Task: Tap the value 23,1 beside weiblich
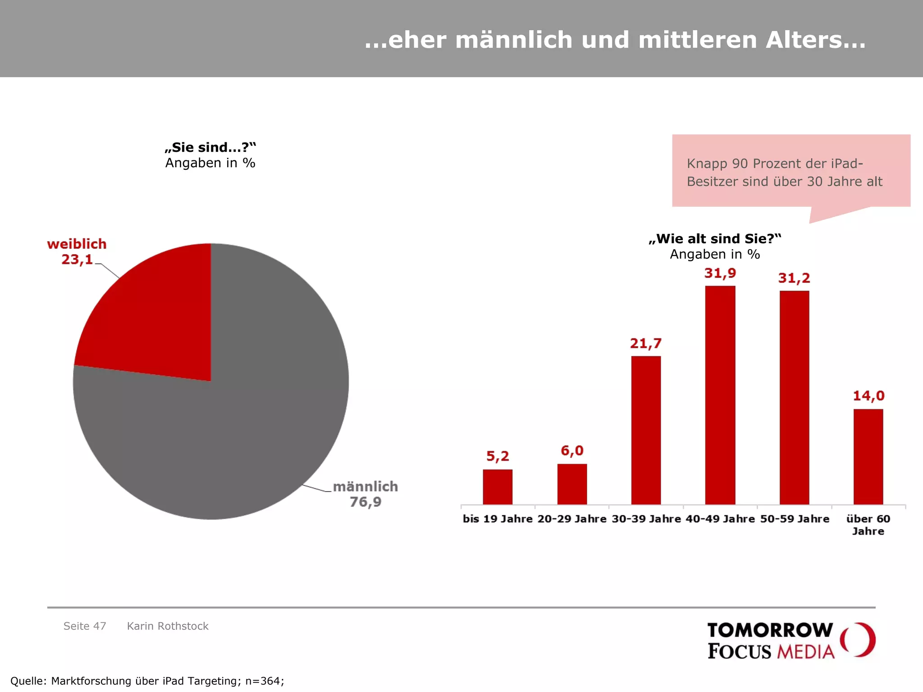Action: [77, 260]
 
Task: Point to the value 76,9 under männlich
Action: [366, 502]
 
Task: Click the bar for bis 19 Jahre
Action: [498, 487]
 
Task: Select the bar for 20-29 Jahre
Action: [572, 484]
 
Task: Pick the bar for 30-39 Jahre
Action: [646, 430]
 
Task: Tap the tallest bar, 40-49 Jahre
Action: [720, 395]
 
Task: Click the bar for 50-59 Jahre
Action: [794, 397]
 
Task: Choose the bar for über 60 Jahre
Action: [868, 457]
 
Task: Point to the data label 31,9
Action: [720, 273]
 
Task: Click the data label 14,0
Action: [868, 396]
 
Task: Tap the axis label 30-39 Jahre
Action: [646, 519]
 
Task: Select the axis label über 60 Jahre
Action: [868, 525]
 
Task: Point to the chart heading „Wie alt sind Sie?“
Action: [715, 239]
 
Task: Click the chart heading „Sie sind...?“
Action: [210, 147]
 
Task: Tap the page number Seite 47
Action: [85, 626]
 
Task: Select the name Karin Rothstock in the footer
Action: [168, 626]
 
